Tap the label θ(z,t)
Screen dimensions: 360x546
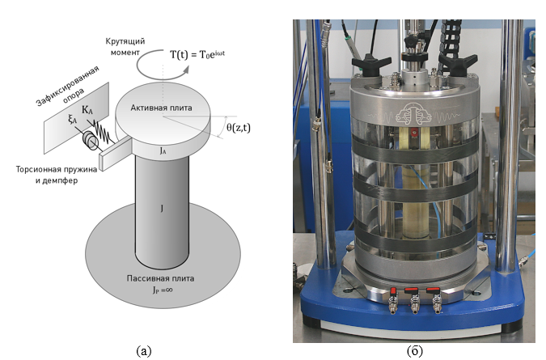(x=236, y=127)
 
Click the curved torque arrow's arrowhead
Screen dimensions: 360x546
(x=187, y=70)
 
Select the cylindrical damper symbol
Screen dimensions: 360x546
(x=87, y=143)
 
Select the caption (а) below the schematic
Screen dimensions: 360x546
(x=143, y=350)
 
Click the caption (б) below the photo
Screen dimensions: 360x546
(x=414, y=350)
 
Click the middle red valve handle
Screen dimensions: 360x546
(x=411, y=290)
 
